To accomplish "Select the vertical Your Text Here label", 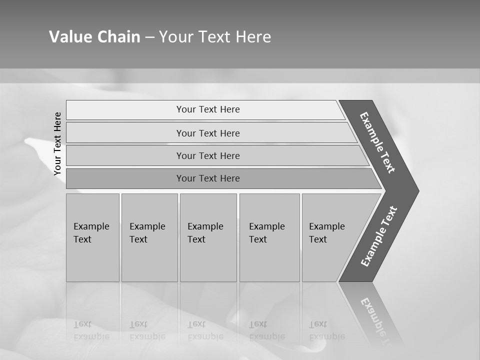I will pos(57,143).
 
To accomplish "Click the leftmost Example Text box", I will pos(92,237).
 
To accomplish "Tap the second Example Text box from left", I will pos(149,237).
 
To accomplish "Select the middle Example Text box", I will pos(208,237).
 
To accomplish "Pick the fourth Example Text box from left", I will pos(269,237).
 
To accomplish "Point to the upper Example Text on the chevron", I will pos(377,142).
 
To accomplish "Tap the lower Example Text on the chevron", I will pos(379,236).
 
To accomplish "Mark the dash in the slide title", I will pos(149,37).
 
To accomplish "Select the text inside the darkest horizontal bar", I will pos(208,178).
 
